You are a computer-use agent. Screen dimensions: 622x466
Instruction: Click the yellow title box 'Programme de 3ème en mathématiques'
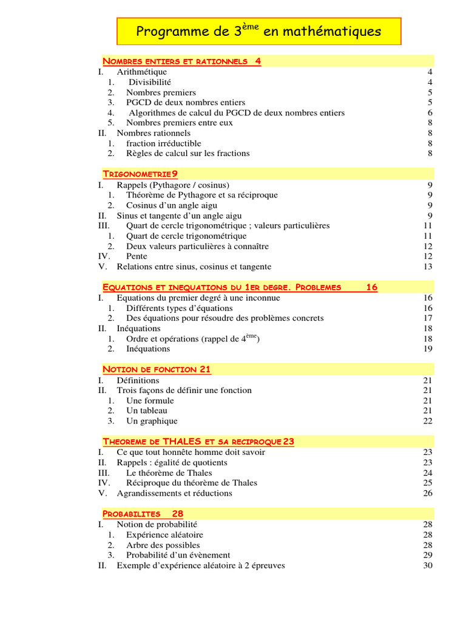(x=258, y=31)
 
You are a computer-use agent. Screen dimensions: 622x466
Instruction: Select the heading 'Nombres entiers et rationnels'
(x=175, y=61)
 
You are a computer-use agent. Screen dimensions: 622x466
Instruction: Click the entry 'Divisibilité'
(x=149, y=82)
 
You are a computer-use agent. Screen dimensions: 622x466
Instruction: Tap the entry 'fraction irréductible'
(x=164, y=143)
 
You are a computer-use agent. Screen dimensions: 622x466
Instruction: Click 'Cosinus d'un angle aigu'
(x=172, y=205)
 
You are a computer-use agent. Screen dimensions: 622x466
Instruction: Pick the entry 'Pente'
(x=137, y=256)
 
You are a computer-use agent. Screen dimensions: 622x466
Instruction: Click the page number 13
(x=428, y=267)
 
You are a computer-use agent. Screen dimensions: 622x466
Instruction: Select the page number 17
(x=428, y=318)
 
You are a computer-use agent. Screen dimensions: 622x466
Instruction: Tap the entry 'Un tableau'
(x=147, y=411)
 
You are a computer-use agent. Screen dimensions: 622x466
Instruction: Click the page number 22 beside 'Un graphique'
(x=428, y=421)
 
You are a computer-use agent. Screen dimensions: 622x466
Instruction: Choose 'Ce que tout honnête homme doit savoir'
(x=191, y=452)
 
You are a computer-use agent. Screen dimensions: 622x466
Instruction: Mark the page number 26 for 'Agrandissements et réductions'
(x=428, y=493)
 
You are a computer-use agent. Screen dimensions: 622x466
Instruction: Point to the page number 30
(x=428, y=566)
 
